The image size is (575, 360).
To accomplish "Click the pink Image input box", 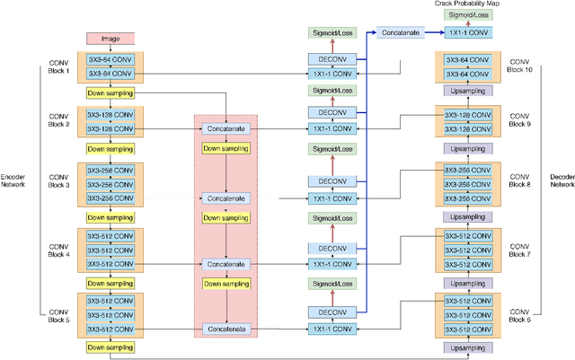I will [x=111, y=39].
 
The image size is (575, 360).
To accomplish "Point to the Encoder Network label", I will [x=13, y=180].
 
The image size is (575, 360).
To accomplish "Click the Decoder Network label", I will [x=562, y=180].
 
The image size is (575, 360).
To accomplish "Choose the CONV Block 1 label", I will [x=58, y=67].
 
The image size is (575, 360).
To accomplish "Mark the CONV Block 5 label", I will [x=58, y=314].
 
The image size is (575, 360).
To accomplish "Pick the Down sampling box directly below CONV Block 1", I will [x=111, y=92].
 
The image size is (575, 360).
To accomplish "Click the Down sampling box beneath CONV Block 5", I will [x=111, y=347].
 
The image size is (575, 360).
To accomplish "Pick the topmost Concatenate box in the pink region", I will [x=225, y=129].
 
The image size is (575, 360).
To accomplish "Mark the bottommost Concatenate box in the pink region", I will [x=225, y=329].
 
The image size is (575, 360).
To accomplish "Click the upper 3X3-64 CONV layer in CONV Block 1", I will [x=111, y=59].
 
